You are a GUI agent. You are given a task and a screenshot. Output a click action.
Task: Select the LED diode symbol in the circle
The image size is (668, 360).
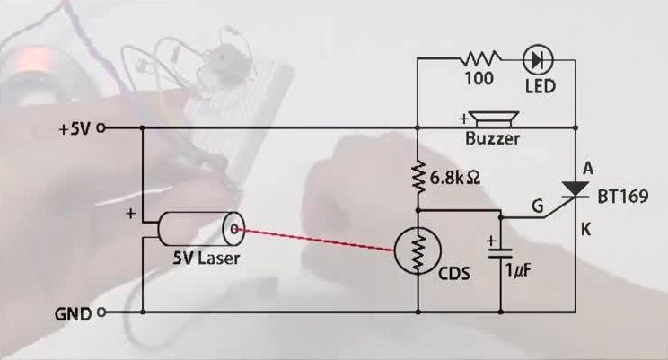(538, 60)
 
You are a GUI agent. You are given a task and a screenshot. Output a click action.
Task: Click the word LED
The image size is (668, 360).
(540, 86)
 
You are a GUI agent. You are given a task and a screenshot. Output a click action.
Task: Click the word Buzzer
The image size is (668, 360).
(492, 139)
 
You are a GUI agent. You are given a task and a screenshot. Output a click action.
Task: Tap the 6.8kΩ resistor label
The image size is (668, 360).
(454, 178)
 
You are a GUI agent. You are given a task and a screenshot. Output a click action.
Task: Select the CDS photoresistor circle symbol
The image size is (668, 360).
(418, 254)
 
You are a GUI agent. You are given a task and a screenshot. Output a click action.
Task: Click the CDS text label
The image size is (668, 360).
(453, 273)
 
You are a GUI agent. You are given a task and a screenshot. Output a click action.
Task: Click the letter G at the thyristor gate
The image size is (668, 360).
(537, 207)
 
